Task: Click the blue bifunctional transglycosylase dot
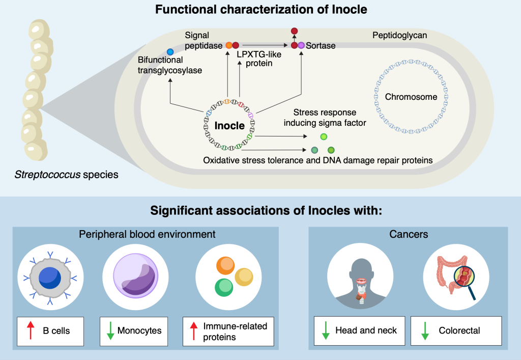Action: [170, 52]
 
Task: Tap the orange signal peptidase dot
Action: [229, 45]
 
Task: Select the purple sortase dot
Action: [301, 45]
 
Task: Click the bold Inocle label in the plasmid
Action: [229, 125]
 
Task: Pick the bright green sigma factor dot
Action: [323, 136]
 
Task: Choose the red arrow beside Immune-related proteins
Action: [194, 330]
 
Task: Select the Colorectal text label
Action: [459, 330]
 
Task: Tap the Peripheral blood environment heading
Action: [147, 234]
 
